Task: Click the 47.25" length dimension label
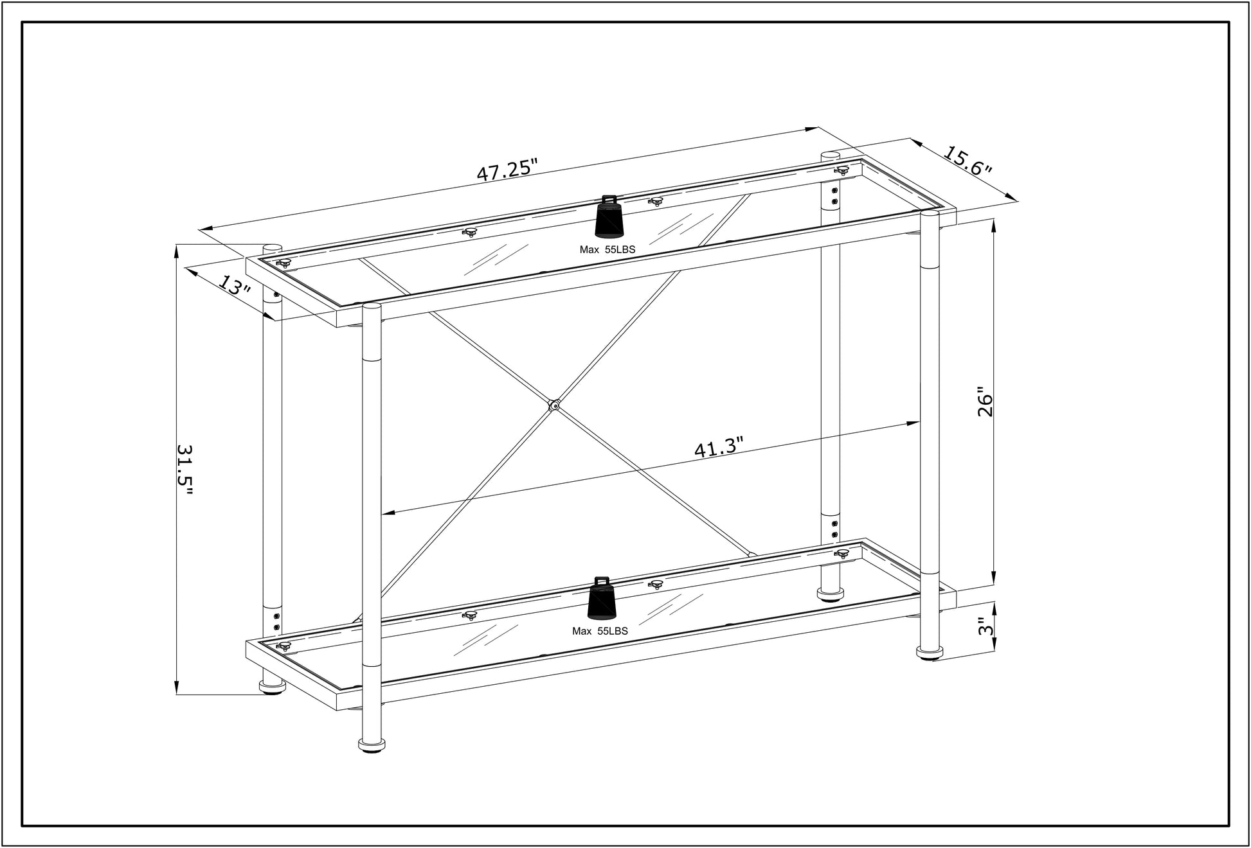point(507,170)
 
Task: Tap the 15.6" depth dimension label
point(968,162)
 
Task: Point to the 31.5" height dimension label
point(184,470)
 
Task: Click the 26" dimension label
point(984,402)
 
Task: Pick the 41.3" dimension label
point(718,447)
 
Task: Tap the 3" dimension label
point(984,627)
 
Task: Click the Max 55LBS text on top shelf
point(607,250)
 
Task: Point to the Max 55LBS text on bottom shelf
point(600,632)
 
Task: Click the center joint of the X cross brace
point(553,405)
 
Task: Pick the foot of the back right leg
point(831,593)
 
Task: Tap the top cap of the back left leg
point(273,247)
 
